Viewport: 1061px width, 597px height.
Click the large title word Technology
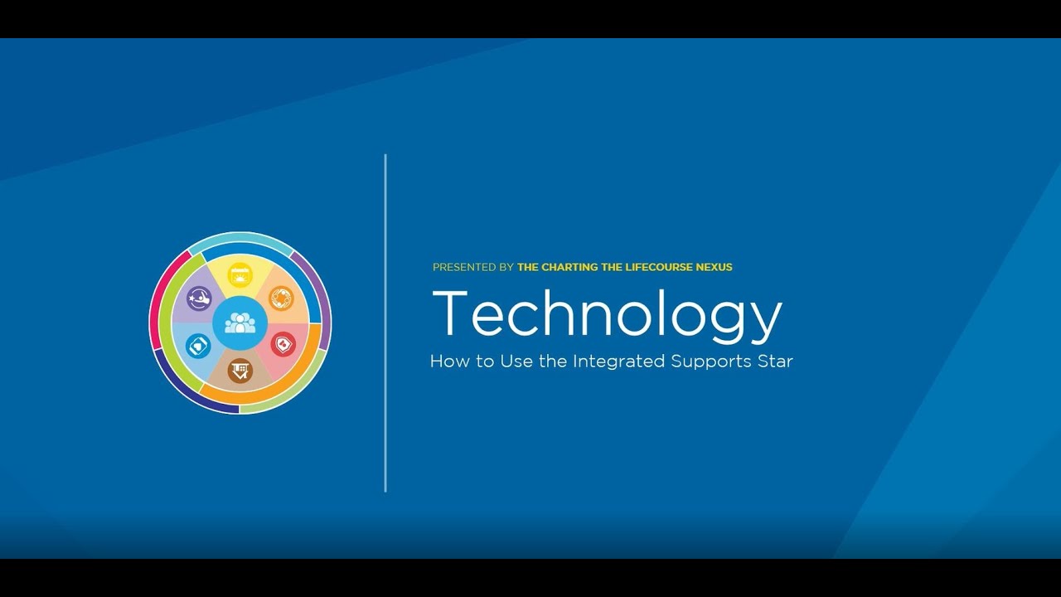click(607, 315)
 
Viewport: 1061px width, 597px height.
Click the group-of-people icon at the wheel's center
click(240, 323)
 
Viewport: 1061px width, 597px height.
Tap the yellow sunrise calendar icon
click(240, 274)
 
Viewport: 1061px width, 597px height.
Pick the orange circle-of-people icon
click(282, 298)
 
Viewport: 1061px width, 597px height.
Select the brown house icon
click(240, 370)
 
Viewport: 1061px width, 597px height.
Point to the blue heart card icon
click(199, 345)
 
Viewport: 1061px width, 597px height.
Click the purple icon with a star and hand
click(199, 298)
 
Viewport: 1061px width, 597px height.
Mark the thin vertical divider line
click(385, 323)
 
